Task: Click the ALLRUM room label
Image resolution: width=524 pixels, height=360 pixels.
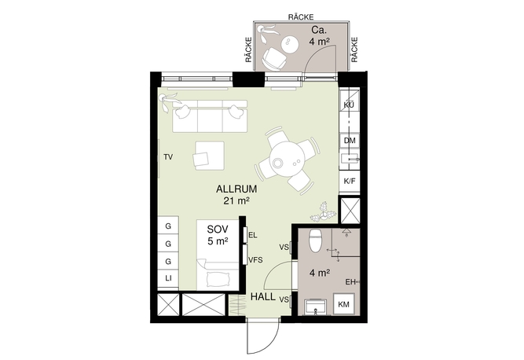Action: click(236, 189)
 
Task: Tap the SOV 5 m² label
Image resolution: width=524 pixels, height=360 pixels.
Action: click(218, 235)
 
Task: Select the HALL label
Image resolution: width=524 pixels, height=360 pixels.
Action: click(263, 297)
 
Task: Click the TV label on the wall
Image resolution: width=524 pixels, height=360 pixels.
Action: click(168, 156)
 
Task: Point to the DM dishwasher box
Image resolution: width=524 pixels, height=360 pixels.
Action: click(350, 141)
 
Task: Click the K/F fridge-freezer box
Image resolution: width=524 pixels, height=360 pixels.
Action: click(350, 182)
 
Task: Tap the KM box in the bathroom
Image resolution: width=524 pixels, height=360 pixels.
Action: click(344, 304)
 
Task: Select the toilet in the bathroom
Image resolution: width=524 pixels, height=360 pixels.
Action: click(316, 241)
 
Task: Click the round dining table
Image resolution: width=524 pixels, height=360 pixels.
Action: click(287, 160)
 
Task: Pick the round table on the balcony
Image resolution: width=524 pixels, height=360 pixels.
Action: click(288, 45)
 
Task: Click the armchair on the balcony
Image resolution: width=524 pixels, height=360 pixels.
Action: click(274, 59)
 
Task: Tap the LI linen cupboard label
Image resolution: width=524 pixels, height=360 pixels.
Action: click(168, 278)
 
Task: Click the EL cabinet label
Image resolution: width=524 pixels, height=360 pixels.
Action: click(253, 235)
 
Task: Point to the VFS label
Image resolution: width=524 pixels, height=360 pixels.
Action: click(255, 260)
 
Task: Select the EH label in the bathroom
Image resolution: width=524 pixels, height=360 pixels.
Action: click(350, 282)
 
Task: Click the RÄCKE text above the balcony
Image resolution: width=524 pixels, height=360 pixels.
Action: click(301, 17)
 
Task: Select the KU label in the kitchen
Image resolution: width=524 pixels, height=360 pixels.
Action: click(349, 105)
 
